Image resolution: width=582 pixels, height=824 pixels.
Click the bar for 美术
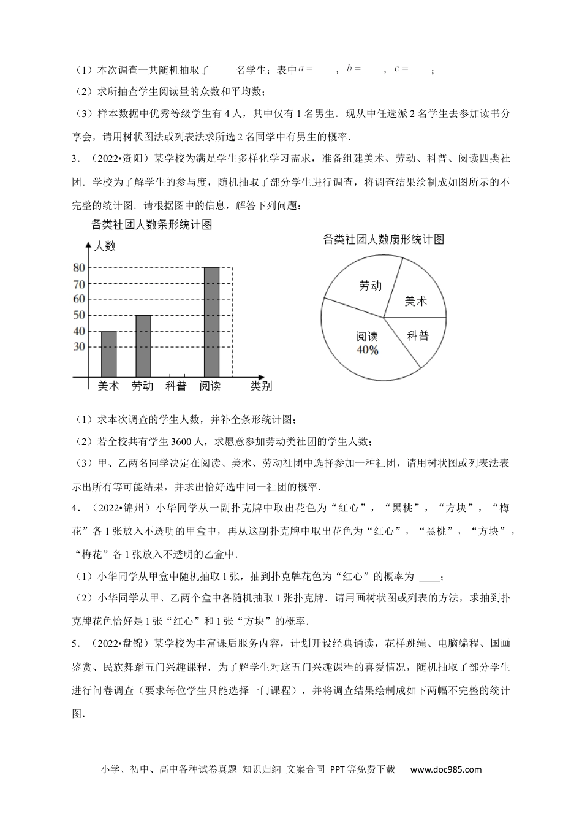click(x=108, y=354)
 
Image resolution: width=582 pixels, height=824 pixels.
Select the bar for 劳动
click(x=143, y=346)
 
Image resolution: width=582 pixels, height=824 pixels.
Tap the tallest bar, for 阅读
click(x=211, y=322)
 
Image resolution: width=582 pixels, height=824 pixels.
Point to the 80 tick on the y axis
click(x=78, y=267)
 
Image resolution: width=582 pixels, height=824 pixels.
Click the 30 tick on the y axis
click(x=78, y=346)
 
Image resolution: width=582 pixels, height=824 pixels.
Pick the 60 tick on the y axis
click(x=78, y=299)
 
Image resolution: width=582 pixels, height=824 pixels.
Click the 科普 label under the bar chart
click(x=176, y=386)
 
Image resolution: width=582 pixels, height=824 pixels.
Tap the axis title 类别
click(x=261, y=386)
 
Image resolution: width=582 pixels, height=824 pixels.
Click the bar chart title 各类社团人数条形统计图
click(x=151, y=225)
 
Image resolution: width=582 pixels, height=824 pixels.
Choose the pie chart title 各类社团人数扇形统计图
click(x=384, y=239)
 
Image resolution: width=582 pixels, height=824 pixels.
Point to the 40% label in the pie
click(x=367, y=350)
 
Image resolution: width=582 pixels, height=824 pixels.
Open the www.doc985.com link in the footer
click(x=445, y=769)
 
